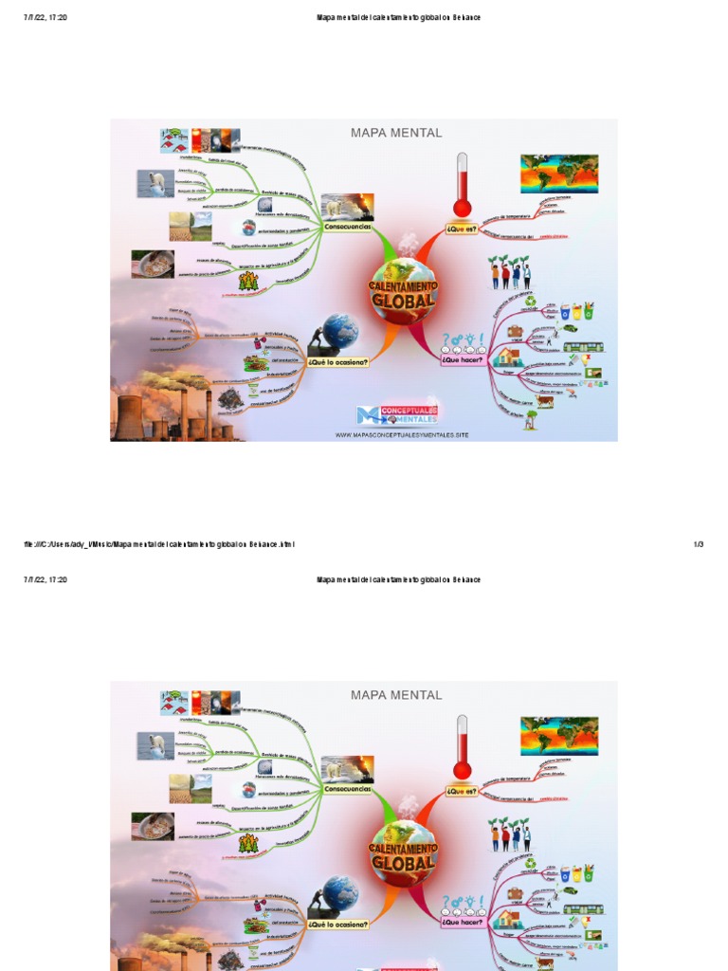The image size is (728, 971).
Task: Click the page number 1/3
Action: [699, 544]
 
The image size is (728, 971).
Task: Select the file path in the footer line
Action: [159, 544]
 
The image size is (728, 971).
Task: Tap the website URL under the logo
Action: [402, 435]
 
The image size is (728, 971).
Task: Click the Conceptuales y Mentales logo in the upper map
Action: [397, 414]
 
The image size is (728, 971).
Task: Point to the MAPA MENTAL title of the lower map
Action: [396, 695]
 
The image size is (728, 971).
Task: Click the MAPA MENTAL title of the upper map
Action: [396, 133]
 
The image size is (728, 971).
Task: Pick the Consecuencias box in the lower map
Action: [348, 789]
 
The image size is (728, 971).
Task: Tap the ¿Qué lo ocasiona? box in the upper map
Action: [337, 361]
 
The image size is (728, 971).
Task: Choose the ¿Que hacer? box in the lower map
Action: [462, 922]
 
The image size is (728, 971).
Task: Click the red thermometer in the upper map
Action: [462, 185]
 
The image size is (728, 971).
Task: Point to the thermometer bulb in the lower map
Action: [462, 769]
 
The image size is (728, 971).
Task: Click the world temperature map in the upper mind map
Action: [558, 174]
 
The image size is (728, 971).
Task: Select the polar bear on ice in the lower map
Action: [155, 745]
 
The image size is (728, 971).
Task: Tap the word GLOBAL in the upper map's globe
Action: [404, 301]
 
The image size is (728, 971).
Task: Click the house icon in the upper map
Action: [509, 357]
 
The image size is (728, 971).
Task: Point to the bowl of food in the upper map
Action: [153, 264]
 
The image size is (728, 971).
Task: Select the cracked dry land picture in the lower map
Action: [190, 788]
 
